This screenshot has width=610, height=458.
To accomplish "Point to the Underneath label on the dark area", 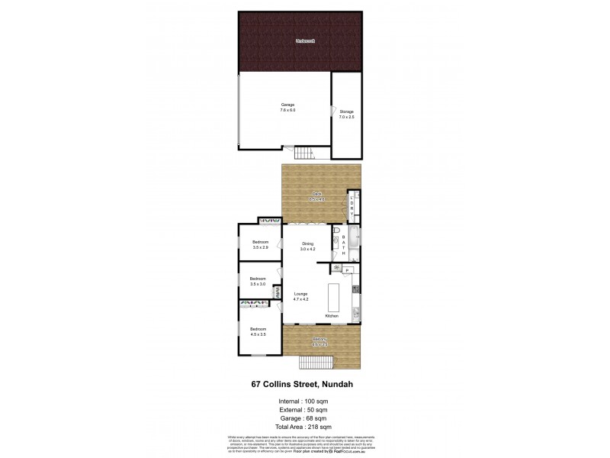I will tap(305, 40).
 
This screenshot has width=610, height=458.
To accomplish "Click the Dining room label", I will tap(307, 247).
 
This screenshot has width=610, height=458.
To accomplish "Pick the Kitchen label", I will tap(332, 315).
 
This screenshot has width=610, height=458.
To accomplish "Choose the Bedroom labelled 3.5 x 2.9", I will tap(260, 245).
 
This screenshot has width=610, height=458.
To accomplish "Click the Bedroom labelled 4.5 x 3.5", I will tap(257, 331).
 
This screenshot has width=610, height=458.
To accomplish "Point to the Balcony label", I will tap(319, 341).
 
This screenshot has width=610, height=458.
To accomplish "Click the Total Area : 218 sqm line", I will tap(305, 427).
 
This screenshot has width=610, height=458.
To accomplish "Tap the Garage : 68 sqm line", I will tap(305, 418).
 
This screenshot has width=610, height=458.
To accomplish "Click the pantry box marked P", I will tap(347, 270).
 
